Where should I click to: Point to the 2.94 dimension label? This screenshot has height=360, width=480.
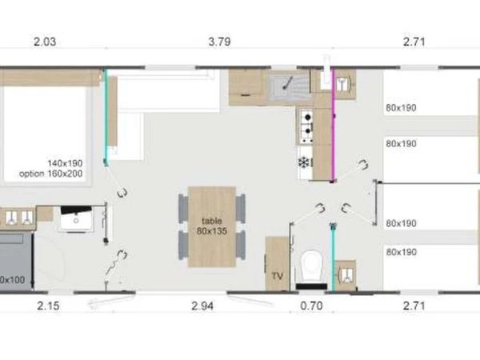[202, 305]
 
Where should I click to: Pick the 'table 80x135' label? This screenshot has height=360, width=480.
[211, 225]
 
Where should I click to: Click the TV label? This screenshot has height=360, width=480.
[278, 276]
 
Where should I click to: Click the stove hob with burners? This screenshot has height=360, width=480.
[306, 123]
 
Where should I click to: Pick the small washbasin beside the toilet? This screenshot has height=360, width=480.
[346, 274]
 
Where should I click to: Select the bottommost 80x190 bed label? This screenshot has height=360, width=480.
[401, 252]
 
